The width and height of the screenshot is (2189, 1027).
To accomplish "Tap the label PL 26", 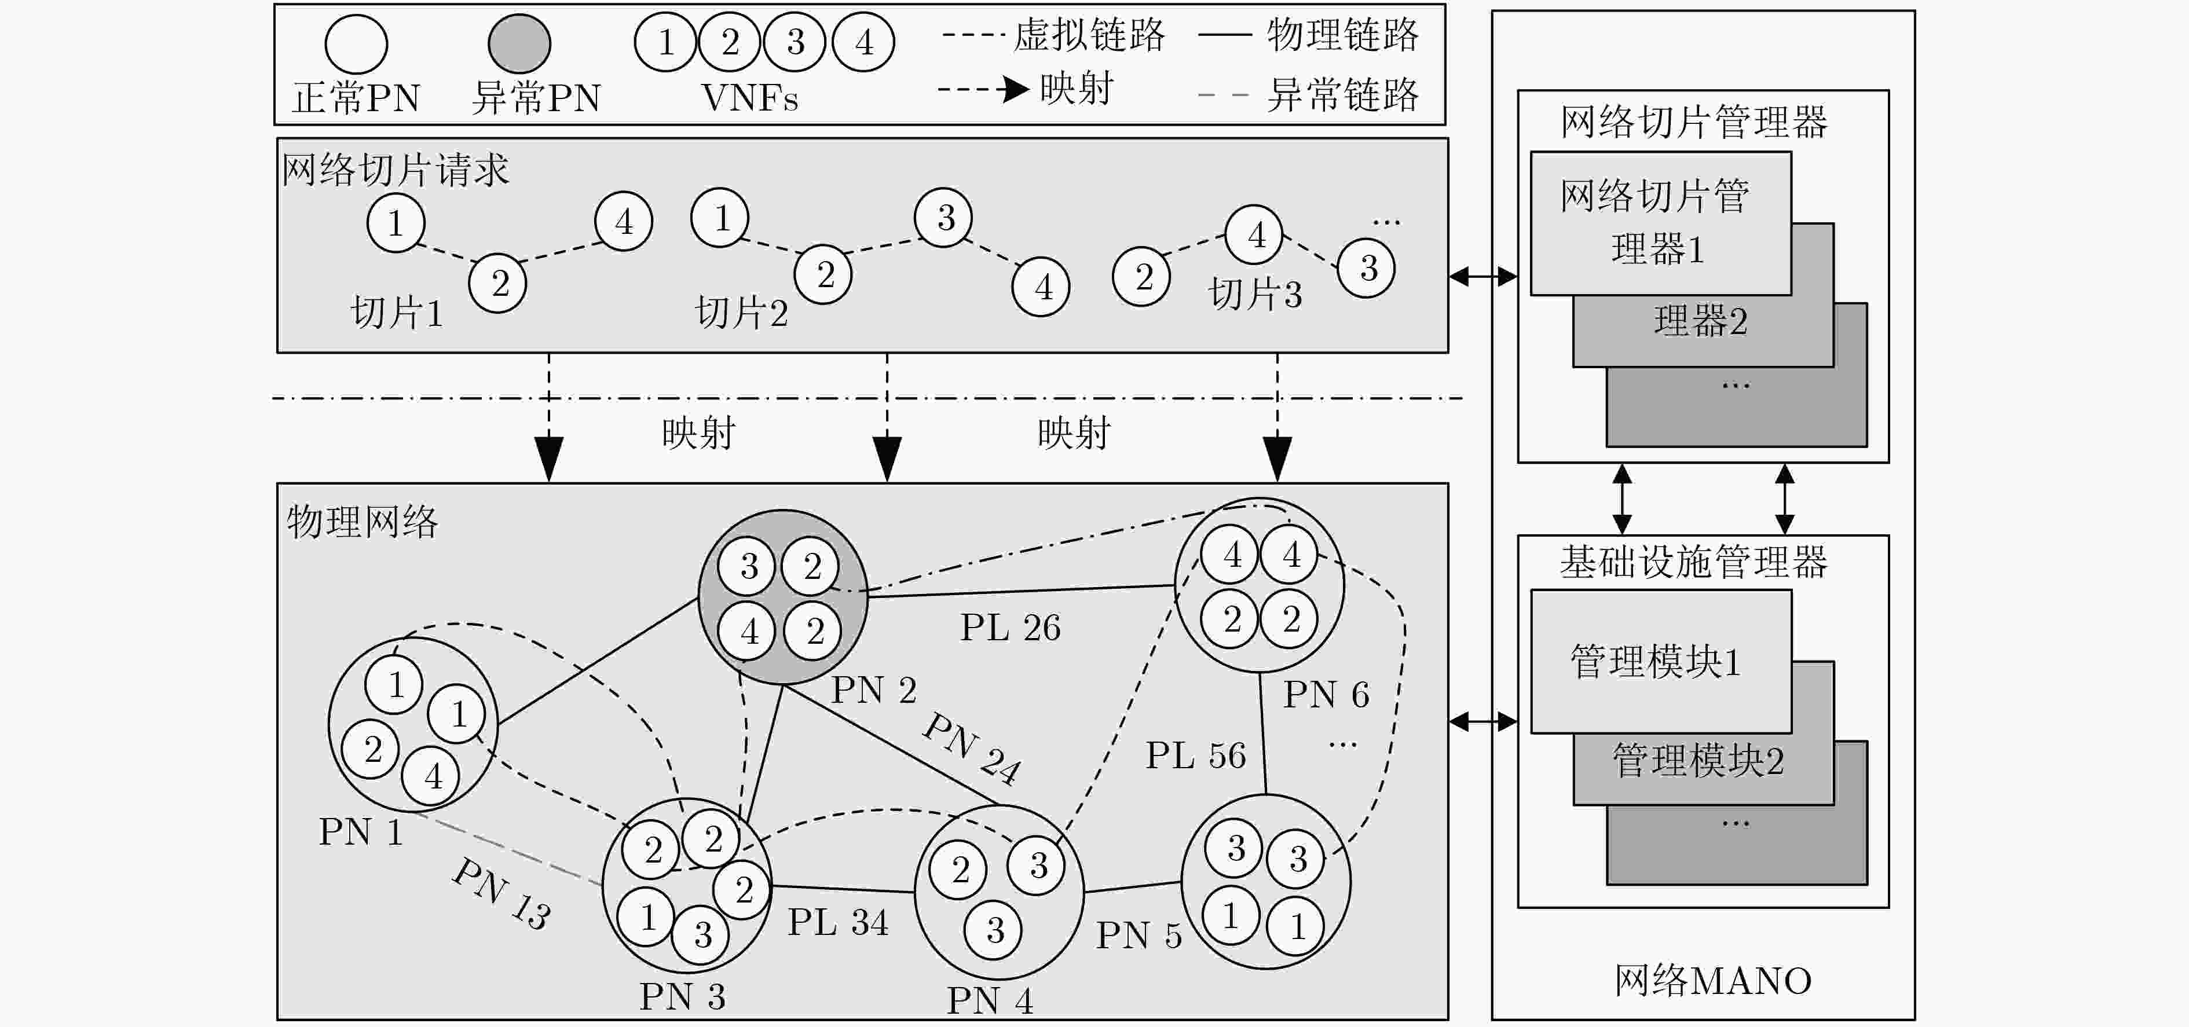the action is click(x=1011, y=628).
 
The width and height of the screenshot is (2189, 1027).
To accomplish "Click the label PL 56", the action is click(x=1196, y=755).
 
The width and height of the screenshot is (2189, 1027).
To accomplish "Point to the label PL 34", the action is click(x=838, y=922).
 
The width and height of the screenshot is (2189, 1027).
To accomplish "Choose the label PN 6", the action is click(x=1326, y=695).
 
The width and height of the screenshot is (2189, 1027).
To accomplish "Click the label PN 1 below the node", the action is click(x=360, y=832).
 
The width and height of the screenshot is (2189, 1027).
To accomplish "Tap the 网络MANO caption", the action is click(x=1713, y=980).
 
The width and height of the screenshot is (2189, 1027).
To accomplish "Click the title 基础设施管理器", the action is click(x=1694, y=562).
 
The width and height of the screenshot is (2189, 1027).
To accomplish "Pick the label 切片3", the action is click(x=1255, y=294).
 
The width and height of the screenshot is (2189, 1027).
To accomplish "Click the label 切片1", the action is click(x=397, y=313).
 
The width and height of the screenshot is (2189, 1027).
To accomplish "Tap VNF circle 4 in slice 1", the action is click(x=624, y=222).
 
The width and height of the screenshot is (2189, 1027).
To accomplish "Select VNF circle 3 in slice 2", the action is click(x=943, y=218).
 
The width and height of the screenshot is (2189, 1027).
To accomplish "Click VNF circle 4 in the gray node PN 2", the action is click(x=748, y=631).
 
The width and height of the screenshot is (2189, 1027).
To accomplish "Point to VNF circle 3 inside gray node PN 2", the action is click(x=748, y=566).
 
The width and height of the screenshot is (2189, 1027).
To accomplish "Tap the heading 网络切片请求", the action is click(x=395, y=170).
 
